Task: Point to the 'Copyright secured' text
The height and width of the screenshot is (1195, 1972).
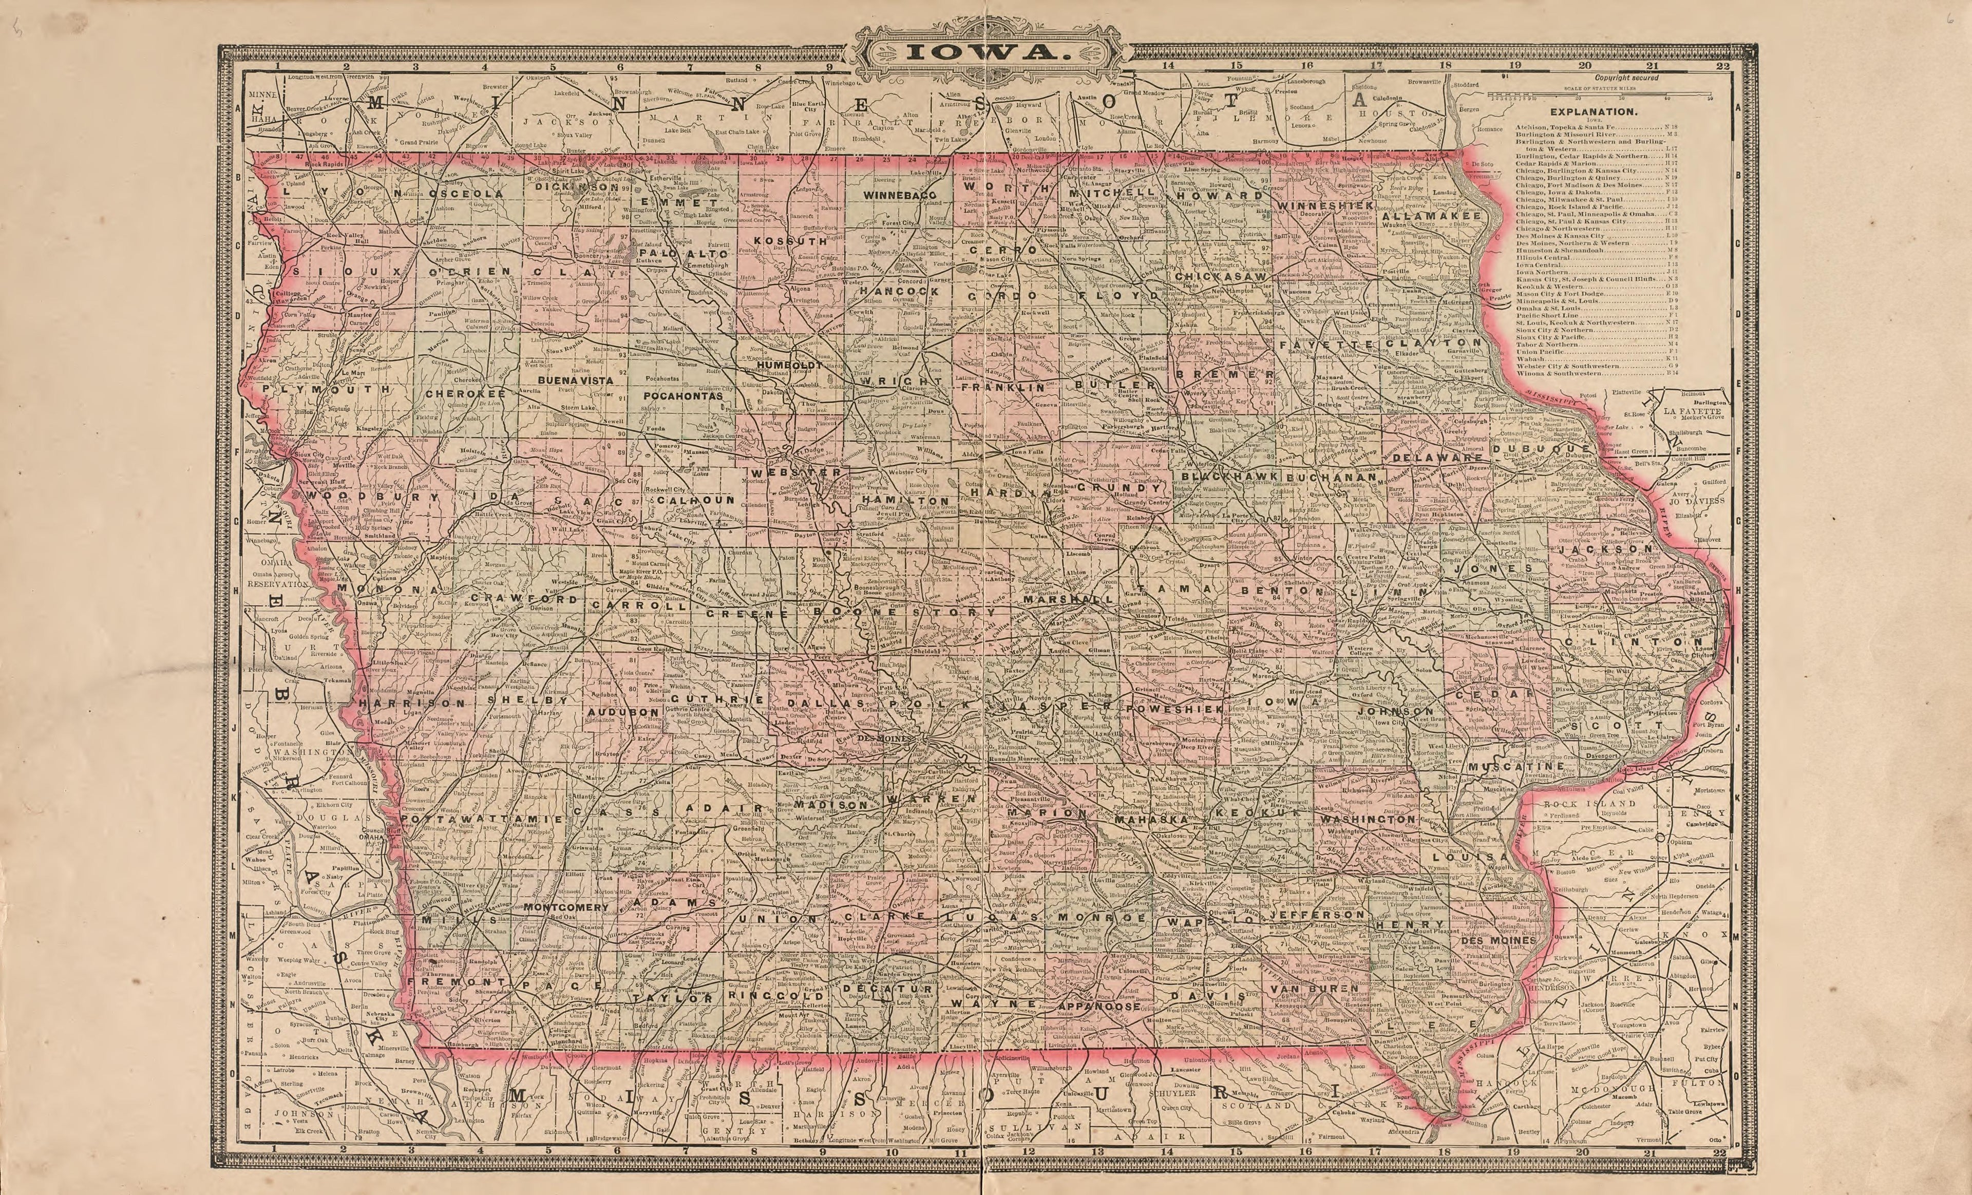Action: pos(1626,78)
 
